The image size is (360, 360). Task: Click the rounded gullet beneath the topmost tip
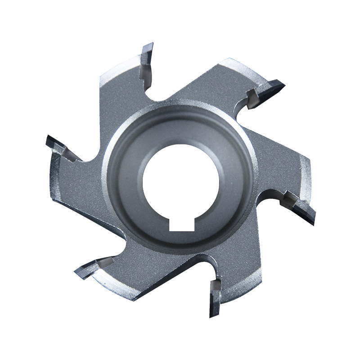point(155,92)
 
